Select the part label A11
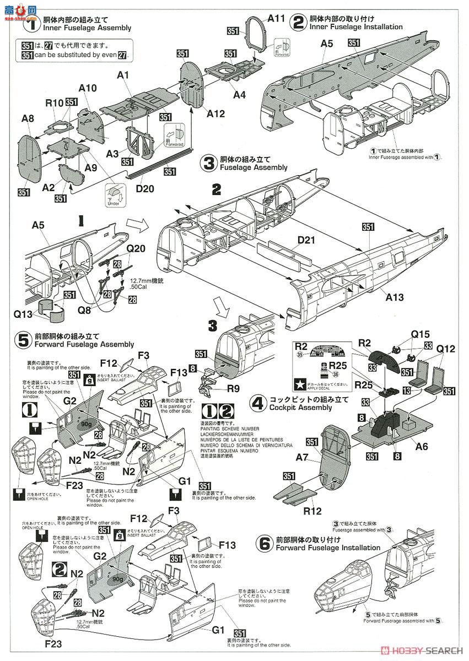click(277, 18)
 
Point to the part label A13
click(394, 297)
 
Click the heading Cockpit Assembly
click(301, 408)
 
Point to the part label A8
click(28, 118)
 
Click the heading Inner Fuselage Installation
click(355, 26)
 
